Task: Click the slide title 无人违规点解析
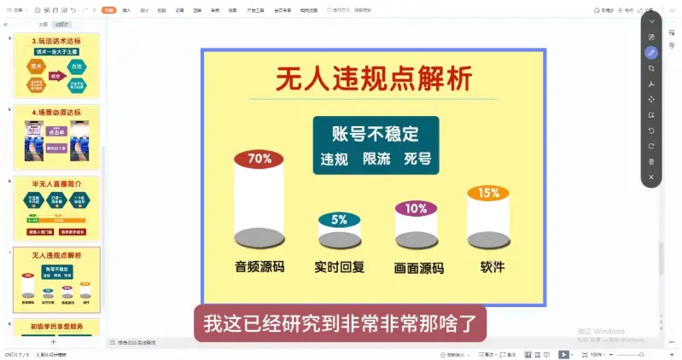(373, 79)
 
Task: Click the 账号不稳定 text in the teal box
(376, 134)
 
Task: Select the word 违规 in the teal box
(334, 160)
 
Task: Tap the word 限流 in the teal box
(376, 160)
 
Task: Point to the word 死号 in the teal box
(417, 160)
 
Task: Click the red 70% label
(259, 159)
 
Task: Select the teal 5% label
(339, 220)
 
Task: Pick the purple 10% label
(416, 208)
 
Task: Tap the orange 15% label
(488, 193)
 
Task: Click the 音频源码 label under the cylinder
(259, 267)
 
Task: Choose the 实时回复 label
(339, 267)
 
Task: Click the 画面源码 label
(418, 268)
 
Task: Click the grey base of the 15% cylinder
(488, 240)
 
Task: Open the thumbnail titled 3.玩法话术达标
(57, 66)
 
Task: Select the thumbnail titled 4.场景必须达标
(57, 136)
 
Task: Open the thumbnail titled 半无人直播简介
(57, 208)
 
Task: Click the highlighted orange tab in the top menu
(108, 10)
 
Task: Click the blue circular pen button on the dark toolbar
(651, 52)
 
